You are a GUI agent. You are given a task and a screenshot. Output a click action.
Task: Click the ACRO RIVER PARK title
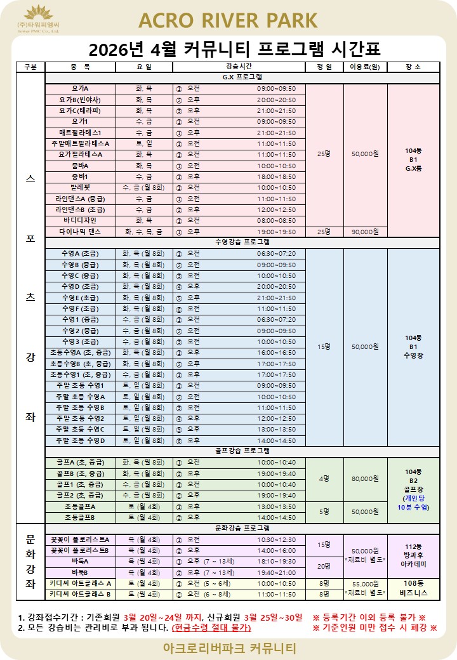coord(228,20)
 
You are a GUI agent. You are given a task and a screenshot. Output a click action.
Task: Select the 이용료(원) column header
coord(365,67)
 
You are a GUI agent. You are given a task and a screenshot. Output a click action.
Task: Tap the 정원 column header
coord(324,67)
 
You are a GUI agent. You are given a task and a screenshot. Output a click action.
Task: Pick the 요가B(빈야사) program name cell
coord(80,100)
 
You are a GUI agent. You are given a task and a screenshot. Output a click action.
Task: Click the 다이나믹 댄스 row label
coord(80,232)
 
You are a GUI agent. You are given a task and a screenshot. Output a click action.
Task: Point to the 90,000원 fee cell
coord(365,232)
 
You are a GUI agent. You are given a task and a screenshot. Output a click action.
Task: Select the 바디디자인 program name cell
coord(80,221)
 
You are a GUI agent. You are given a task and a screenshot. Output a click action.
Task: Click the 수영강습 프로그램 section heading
coord(242,242)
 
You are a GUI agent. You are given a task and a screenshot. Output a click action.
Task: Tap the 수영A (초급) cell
coord(80,253)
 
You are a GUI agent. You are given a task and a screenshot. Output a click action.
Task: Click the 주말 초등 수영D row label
coord(80,440)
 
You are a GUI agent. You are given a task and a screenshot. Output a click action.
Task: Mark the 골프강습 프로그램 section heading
coord(242,451)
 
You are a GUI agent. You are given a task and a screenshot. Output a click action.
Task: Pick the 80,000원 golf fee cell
coord(365,478)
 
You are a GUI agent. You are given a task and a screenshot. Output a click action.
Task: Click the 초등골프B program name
coord(80,517)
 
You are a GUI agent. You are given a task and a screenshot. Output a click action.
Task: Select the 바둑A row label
coord(80,561)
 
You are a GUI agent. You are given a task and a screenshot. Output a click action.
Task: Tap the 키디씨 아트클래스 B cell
coord(80,594)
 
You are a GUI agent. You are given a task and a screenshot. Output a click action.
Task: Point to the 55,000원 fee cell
coord(365,583)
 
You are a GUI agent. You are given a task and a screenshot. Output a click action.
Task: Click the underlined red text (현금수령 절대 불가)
coord(211,628)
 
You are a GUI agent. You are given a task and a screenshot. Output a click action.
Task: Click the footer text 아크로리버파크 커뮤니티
coord(228,649)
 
